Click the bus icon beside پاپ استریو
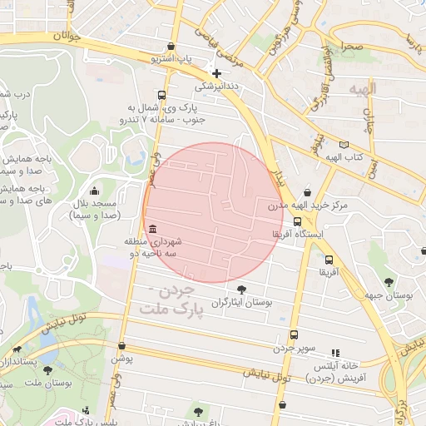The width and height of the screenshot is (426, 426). (x=171, y=47)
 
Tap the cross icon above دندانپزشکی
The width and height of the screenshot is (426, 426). (x=216, y=73)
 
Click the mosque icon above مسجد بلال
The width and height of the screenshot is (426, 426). (x=93, y=191)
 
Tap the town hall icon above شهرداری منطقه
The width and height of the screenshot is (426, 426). (x=151, y=230)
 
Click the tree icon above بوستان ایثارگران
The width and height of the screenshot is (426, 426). (x=241, y=290)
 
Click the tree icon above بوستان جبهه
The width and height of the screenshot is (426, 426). (x=391, y=280)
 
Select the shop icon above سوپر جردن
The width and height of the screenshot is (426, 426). (x=294, y=335)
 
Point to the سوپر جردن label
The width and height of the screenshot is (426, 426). (x=294, y=349)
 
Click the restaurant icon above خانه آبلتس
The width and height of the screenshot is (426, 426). (x=336, y=353)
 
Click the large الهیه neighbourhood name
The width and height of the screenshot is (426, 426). (x=364, y=88)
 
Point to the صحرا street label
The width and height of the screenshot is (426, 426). (x=349, y=47)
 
